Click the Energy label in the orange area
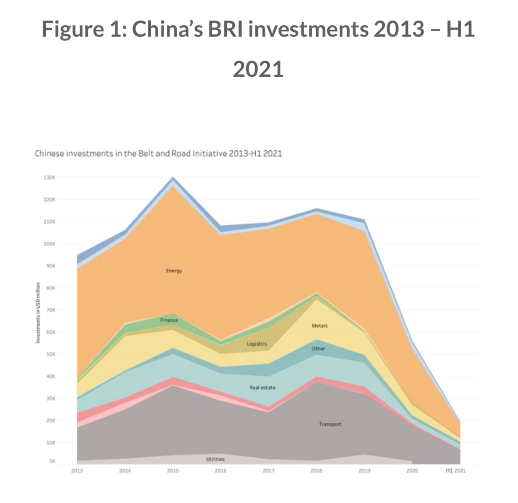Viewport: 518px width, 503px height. click(174, 271)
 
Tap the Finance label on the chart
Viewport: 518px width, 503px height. click(169, 320)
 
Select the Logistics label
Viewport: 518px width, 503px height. click(257, 344)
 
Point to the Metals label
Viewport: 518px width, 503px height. click(320, 326)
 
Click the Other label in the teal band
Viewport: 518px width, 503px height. click(318, 349)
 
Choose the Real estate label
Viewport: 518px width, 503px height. click(262, 388)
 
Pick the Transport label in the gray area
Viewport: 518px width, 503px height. click(330, 424)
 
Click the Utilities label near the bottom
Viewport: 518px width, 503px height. click(215, 459)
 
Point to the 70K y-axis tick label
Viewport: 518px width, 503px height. click(50, 310)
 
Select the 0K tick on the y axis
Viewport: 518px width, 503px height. click(52, 461)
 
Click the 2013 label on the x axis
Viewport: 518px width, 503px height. click(77, 471)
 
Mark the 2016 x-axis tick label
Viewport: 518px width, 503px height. click(221, 471)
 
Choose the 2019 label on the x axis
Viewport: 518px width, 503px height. click(364, 471)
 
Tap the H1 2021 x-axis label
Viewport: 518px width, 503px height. click(456, 471)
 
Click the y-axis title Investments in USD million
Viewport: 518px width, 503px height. click(38, 312)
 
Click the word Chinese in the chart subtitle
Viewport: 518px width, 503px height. click(49, 154)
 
